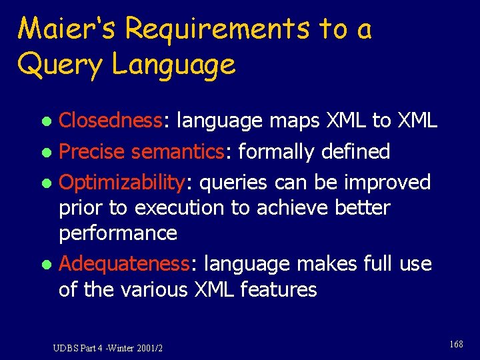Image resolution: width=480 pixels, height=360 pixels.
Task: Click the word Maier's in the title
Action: click(x=67, y=29)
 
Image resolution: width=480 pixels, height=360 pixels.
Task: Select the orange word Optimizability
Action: click(x=124, y=182)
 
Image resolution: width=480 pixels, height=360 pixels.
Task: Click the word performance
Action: click(x=118, y=233)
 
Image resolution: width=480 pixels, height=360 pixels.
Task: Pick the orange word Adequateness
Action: click(x=125, y=264)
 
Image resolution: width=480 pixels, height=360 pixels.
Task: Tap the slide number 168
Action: click(x=455, y=344)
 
